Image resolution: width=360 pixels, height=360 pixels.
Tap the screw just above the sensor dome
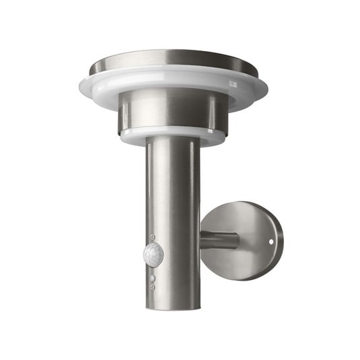(153, 238)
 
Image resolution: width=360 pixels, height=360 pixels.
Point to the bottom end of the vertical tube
(172, 306)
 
